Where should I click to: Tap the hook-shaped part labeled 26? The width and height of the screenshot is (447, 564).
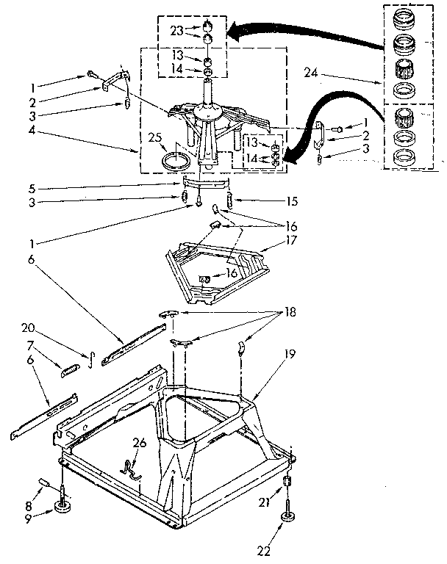(x=131, y=471)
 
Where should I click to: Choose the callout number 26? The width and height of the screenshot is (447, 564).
(x=139, y=444)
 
